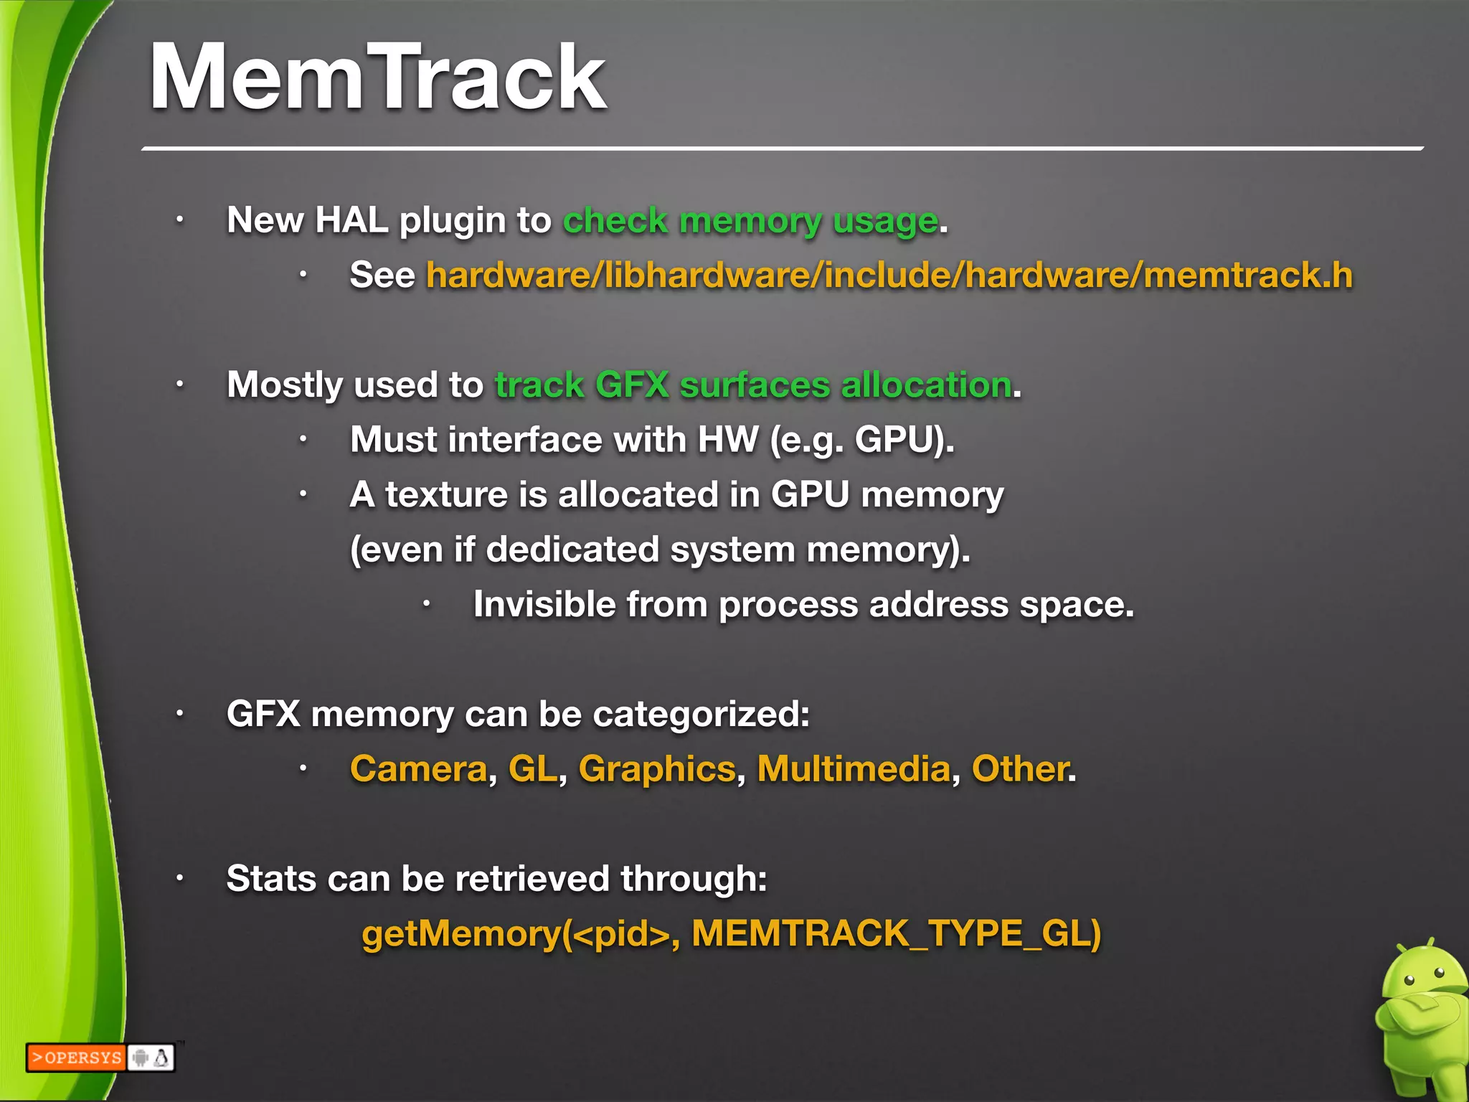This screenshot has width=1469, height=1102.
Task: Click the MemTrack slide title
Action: [x=378, y=77]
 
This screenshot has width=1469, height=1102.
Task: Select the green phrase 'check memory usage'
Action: [x=750, y=221]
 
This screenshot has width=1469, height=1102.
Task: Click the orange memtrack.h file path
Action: [x=889, y=275]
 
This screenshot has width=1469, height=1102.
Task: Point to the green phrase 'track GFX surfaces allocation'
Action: [x=753, y=385]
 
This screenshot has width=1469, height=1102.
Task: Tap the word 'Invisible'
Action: [x=544, y=605]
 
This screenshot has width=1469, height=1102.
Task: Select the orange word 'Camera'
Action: [x=419, y=769]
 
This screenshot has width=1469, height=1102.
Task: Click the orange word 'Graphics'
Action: [x=657, y=769]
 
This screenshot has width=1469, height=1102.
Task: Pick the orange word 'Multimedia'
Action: [x=854, y=769]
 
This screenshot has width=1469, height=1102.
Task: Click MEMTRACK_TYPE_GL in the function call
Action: [x=896, y=934]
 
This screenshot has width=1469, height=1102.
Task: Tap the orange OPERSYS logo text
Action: [x=77, y=1058]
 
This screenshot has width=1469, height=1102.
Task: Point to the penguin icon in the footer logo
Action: [x=162, y=1058]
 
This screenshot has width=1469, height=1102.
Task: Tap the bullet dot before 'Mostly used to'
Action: [x=180, y=385]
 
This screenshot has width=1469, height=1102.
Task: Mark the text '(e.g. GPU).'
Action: [x=861, y=440]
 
